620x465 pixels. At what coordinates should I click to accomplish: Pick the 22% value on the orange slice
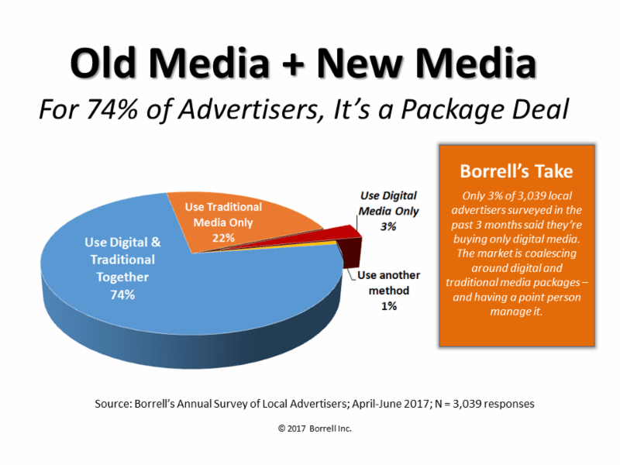[223, 237]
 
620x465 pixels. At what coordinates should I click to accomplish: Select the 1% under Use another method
[387, 306]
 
